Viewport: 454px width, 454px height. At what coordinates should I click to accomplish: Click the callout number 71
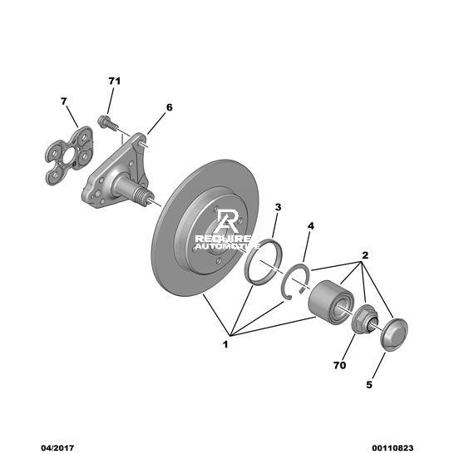[115, 81]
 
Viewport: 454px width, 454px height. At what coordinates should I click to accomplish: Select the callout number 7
[64, 101]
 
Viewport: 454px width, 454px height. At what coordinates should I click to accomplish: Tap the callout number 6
[170, 107]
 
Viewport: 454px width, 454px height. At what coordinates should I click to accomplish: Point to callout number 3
[278, 207]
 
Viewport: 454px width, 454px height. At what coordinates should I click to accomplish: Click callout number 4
[311, 226]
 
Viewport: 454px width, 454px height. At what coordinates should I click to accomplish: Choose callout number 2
[365, 255]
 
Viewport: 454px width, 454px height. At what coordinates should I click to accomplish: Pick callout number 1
[225, 344]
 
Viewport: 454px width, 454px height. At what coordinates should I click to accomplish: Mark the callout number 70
[339, 365]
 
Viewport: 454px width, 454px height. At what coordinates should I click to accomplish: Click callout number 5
[369, 385]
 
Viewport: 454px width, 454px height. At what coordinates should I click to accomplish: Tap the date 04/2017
[57, 448]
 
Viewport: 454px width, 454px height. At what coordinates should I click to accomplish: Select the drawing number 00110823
[392, 448]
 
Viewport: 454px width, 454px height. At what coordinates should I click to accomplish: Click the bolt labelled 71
[108, 123]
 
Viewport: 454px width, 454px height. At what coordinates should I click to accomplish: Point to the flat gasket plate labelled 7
[69, 155]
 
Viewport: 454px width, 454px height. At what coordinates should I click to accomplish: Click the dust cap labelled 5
[394, 334]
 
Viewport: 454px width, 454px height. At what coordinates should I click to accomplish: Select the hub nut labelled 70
[364, 318]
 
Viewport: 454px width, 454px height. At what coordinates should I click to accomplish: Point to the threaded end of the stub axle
[142, 195]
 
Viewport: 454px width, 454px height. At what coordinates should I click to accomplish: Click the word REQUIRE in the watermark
[223, 239]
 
